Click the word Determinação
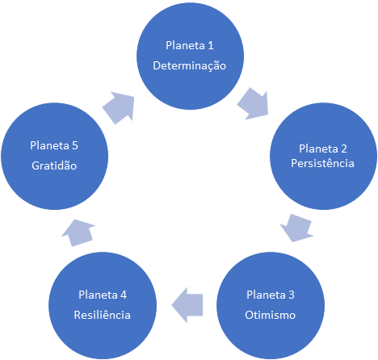(x=190, y=66)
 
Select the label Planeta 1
(x=190, y=45)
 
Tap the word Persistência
(x=322, y=163)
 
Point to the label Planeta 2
(x=323, y=149)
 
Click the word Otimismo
(x=270, y=315)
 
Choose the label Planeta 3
(x=271, y=295)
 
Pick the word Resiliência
(x=103, y=315)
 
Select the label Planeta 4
(x=103, y=295)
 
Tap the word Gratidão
(x=54, y=165)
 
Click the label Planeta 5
(x=54, y=145)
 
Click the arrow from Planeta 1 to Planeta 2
(x=254, y=104)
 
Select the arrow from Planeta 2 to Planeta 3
(x=296, y=228)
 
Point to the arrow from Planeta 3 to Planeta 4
(x=187, y=305)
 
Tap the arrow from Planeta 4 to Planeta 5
(x=78, y=232)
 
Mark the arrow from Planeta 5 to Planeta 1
(x=119, y=108)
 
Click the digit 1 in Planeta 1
(x=211, y=45)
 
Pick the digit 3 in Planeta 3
(x=292, y=295)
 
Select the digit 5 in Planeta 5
(x=75, y=145)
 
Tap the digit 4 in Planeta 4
(x=124, y=295)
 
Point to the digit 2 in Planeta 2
(x=344, y=149)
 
